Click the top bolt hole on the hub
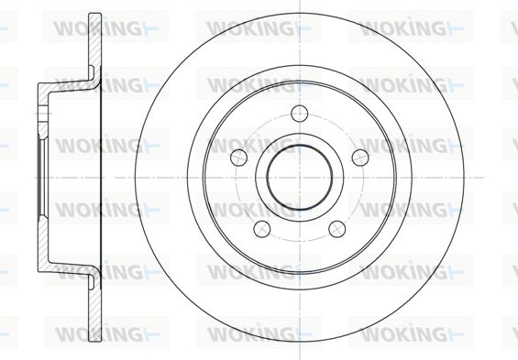299,114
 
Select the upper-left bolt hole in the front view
239,158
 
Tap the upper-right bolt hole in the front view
360,158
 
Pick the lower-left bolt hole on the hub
262,229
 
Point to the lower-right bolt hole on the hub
337,229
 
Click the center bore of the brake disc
300,178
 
